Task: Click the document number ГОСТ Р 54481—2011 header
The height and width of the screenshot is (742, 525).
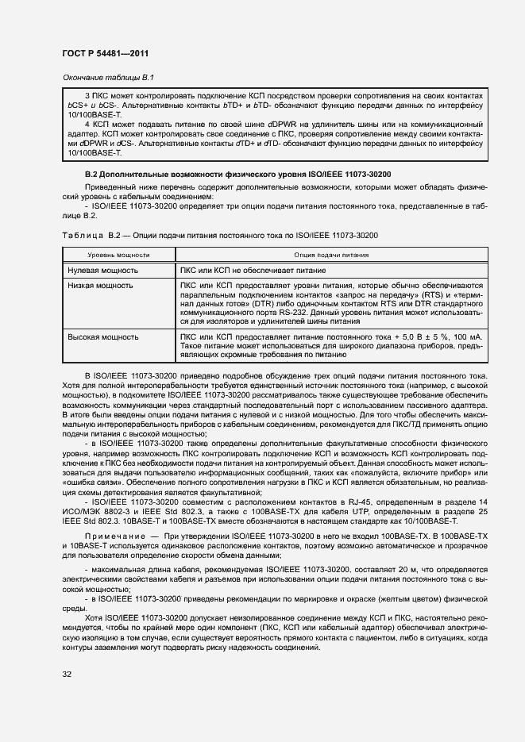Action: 105,53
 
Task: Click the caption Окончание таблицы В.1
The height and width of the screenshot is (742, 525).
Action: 106,78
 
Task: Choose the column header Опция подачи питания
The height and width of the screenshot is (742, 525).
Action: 330,255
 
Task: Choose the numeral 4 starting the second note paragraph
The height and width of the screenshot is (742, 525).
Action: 87,124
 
